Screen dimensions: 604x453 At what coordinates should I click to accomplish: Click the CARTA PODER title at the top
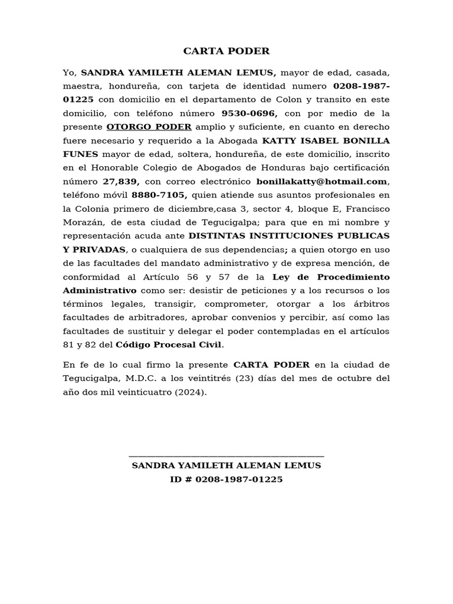coord(226,51)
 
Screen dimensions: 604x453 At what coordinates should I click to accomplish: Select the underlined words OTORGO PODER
coord(149,127)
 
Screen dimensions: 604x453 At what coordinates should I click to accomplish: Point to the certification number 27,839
coord(121,182)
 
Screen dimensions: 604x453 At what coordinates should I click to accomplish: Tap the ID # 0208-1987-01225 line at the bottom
coord(226,480)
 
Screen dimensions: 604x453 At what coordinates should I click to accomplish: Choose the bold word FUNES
coord(80,155)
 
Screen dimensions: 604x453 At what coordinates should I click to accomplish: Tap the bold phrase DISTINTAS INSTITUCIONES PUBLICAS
coord(289,236)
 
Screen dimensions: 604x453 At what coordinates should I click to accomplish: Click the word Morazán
coord(82,222)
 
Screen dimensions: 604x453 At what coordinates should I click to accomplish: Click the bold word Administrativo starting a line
coord(100,290)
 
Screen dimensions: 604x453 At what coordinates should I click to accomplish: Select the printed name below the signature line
coord(226,466)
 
